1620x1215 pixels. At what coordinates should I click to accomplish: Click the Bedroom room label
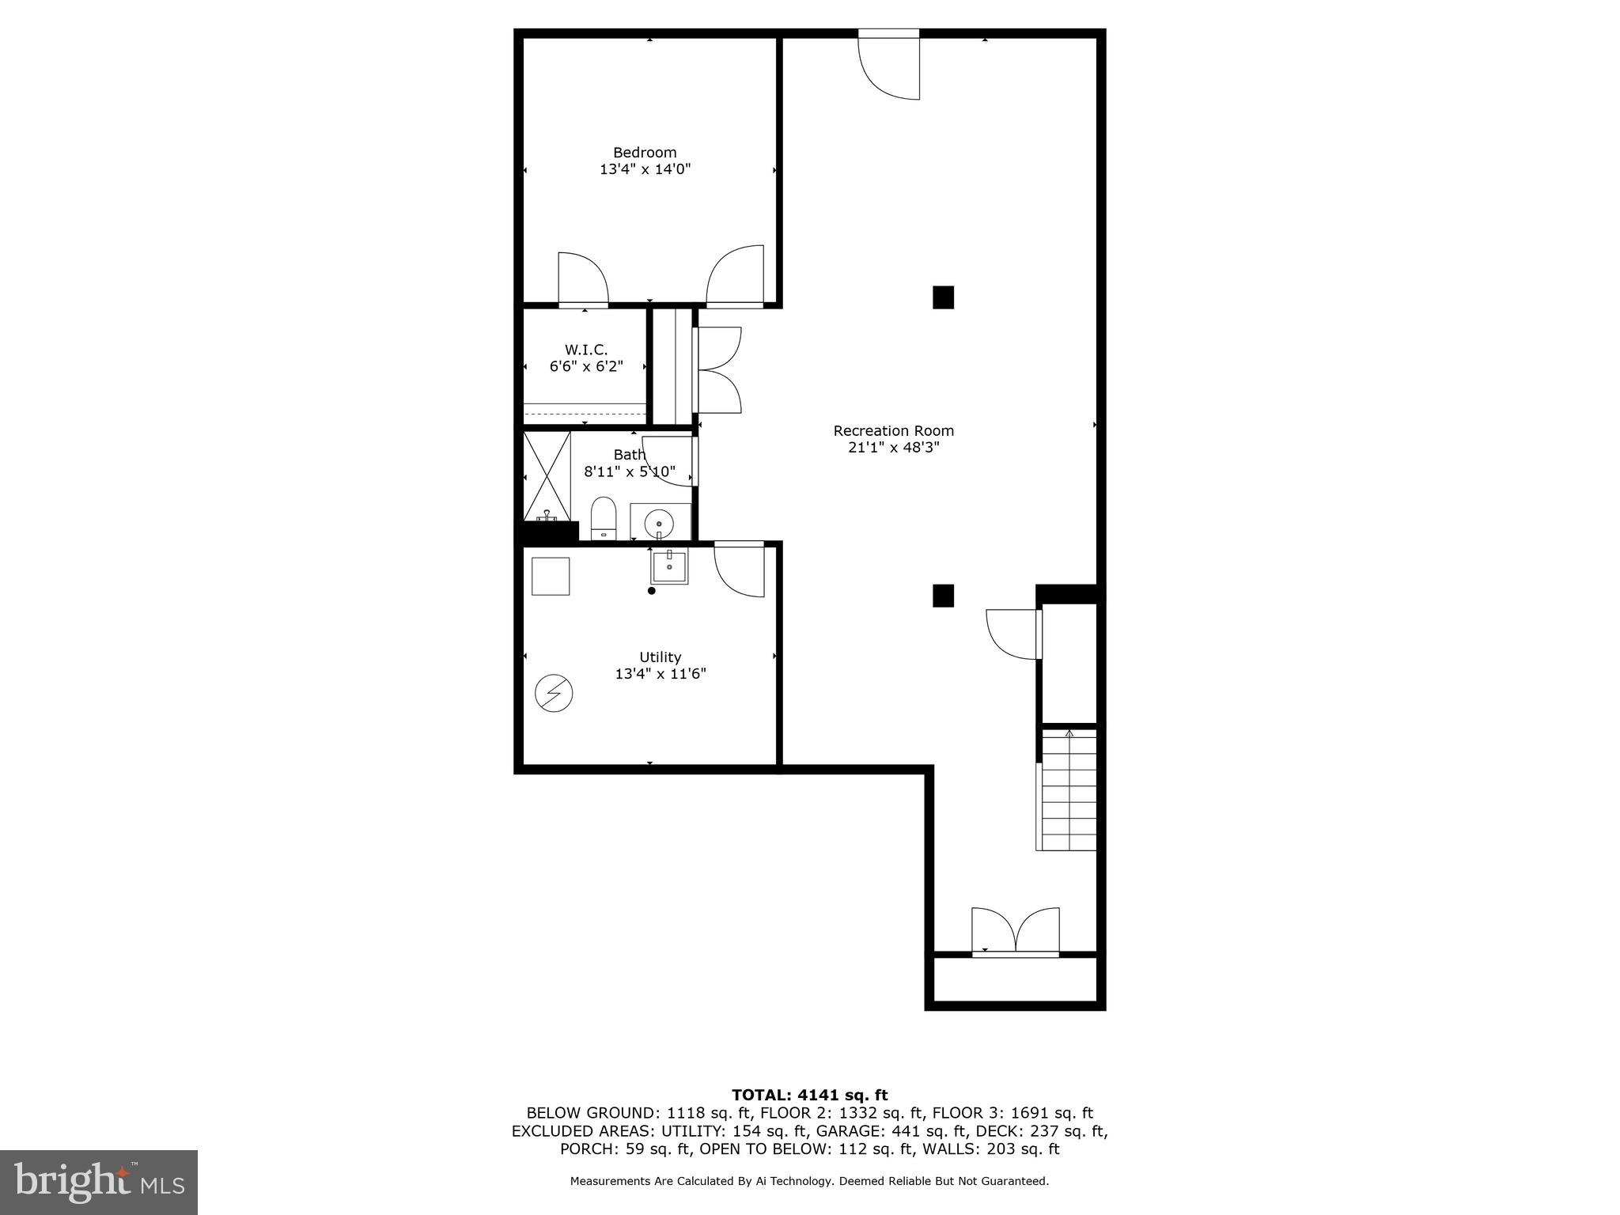(x=645, y=153)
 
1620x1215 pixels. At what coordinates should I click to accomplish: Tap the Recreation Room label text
(x=893, y=431)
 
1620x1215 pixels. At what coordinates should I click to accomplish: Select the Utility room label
(x=660, y=657)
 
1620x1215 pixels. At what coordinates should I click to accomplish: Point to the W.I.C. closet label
(x=586, y=350)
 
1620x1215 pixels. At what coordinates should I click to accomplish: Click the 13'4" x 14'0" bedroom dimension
(x=645, y=169)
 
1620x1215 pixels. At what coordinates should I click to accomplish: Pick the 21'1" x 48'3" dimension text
(x=893, y=448)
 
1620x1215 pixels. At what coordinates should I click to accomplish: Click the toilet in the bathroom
(x=604, y=518)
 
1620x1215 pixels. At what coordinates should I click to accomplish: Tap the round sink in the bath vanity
(x=659, y=523)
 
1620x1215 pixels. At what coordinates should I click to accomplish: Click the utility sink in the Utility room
(x=668, y=566)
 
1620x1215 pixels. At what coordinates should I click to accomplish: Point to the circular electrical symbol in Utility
(x=554, y=694)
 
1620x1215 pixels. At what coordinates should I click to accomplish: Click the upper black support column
(x=943, y=297)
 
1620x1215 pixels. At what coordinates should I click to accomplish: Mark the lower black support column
(x=943, y=596)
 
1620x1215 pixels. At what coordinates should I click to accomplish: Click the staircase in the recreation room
(x=1068, y=789)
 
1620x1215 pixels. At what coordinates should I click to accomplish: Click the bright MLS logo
(x=99, y=1183)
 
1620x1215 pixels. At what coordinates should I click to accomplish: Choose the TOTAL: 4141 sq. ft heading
(x=809, y=1096)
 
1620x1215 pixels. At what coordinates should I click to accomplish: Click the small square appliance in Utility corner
(x=551, y=576)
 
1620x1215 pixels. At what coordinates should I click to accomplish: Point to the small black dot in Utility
(x=652, y=591)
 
